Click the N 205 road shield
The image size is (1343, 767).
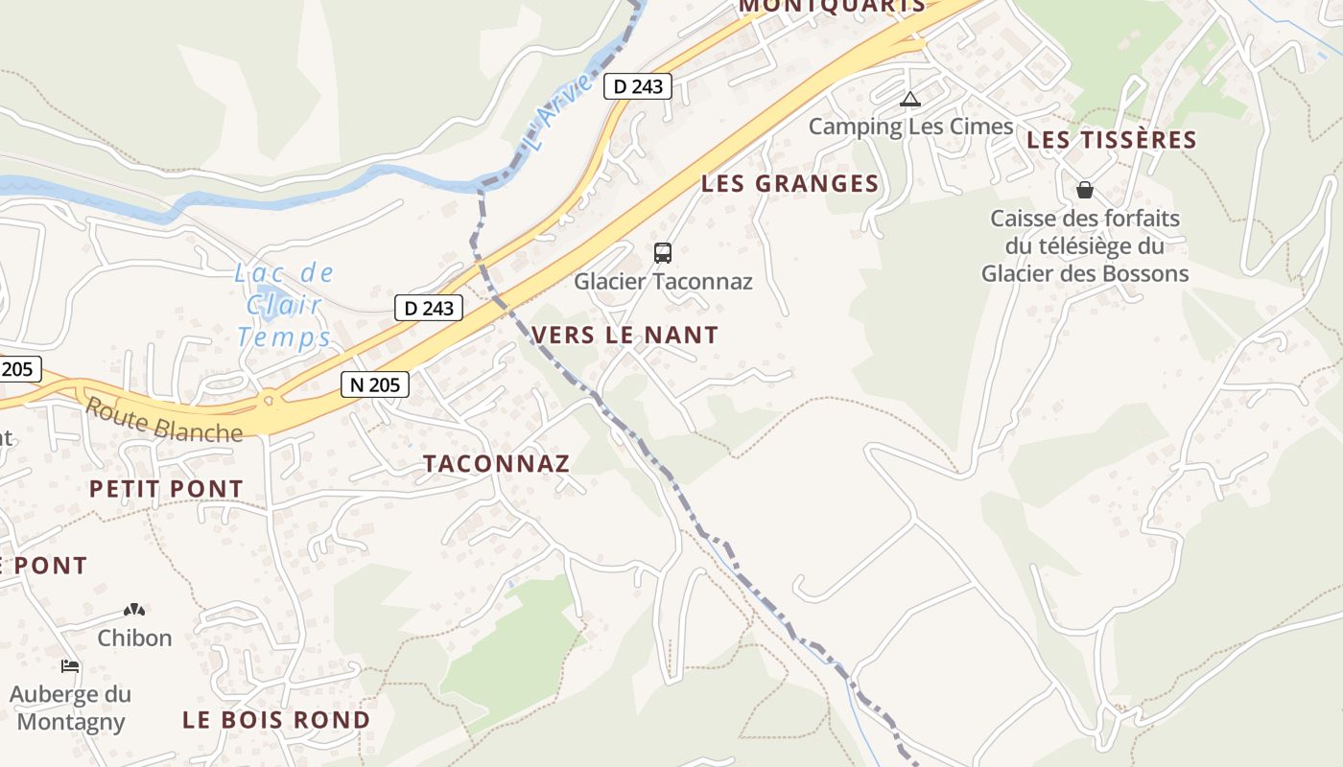(375, 384)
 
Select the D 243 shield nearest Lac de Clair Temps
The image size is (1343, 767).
(429, 308)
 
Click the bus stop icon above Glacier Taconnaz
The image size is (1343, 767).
(663, 253)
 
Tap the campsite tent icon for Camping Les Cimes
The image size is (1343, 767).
(909, 99)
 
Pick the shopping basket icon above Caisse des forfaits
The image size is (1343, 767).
(1085, 190)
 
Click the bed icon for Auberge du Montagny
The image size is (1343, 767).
(70, 665)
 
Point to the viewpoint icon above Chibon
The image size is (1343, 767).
(134, 610)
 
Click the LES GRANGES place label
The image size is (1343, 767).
(789, 184)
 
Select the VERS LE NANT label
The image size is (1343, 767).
(624, 336)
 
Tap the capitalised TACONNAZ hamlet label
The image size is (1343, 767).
(497, 464)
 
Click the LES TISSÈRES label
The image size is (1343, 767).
(1112, 140)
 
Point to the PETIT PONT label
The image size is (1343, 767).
(166, 489)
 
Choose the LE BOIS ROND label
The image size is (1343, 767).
(276, 720)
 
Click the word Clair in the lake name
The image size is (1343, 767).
(284, 305)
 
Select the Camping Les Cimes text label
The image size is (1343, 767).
(910, 127)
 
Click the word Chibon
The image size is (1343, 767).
(134, 638)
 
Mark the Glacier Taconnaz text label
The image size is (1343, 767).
(663, 282)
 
